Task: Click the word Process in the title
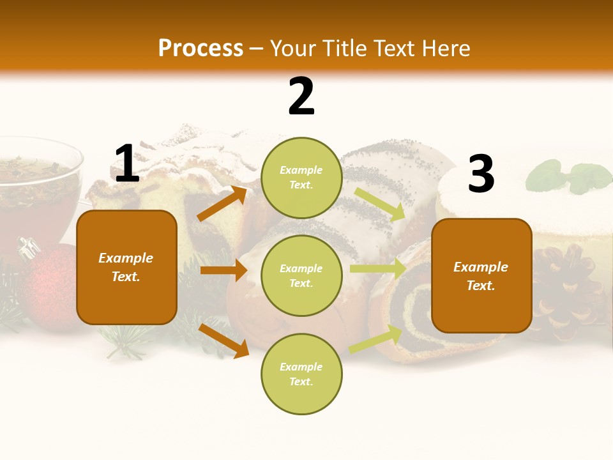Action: [201, 49]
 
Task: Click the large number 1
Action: [126, 164]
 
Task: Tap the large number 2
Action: [301, 97]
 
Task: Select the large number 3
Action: [481, 174]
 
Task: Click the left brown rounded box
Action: [126, 267]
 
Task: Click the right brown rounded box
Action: [481, 275]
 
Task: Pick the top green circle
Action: [301, 178]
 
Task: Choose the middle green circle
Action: [301, 275]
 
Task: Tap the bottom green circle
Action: [301, 374]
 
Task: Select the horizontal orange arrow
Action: [223, 270]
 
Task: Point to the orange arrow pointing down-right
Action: [224, 341]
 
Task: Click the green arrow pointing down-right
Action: [380, 204]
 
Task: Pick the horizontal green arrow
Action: [378, 269]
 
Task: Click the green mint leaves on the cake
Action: [571, 176]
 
